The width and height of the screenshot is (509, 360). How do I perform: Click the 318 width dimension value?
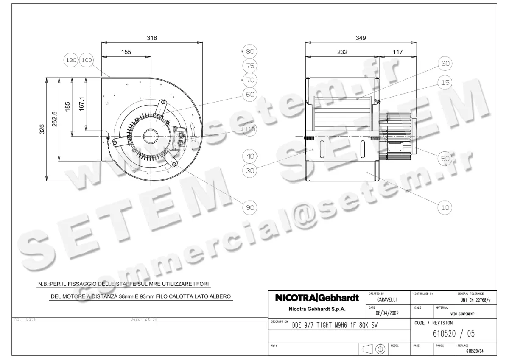coord(152,38)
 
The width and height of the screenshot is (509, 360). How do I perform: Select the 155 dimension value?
coord(126,52)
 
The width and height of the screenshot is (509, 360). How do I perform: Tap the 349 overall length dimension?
coord(361,38)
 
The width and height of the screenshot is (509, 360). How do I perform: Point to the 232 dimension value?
coord(342,52)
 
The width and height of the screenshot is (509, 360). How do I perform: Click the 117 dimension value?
coord(397,52)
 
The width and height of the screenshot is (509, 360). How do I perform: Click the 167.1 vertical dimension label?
coord(81,105)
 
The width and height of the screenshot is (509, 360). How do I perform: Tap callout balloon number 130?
coord(71,60)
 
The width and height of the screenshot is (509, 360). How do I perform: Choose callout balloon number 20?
coord(445,64)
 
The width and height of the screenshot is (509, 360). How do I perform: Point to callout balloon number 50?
coord(445,159)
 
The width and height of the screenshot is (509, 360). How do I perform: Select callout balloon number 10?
coord(445,207)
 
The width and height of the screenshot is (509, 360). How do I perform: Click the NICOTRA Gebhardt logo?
coord(317,298)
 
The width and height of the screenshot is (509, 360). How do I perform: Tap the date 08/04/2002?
coord(387,313)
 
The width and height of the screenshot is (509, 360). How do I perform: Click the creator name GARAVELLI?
coord(387,299)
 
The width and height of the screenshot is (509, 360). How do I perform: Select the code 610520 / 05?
coord(453,334)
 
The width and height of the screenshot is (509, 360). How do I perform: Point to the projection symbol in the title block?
coord(374,350)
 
